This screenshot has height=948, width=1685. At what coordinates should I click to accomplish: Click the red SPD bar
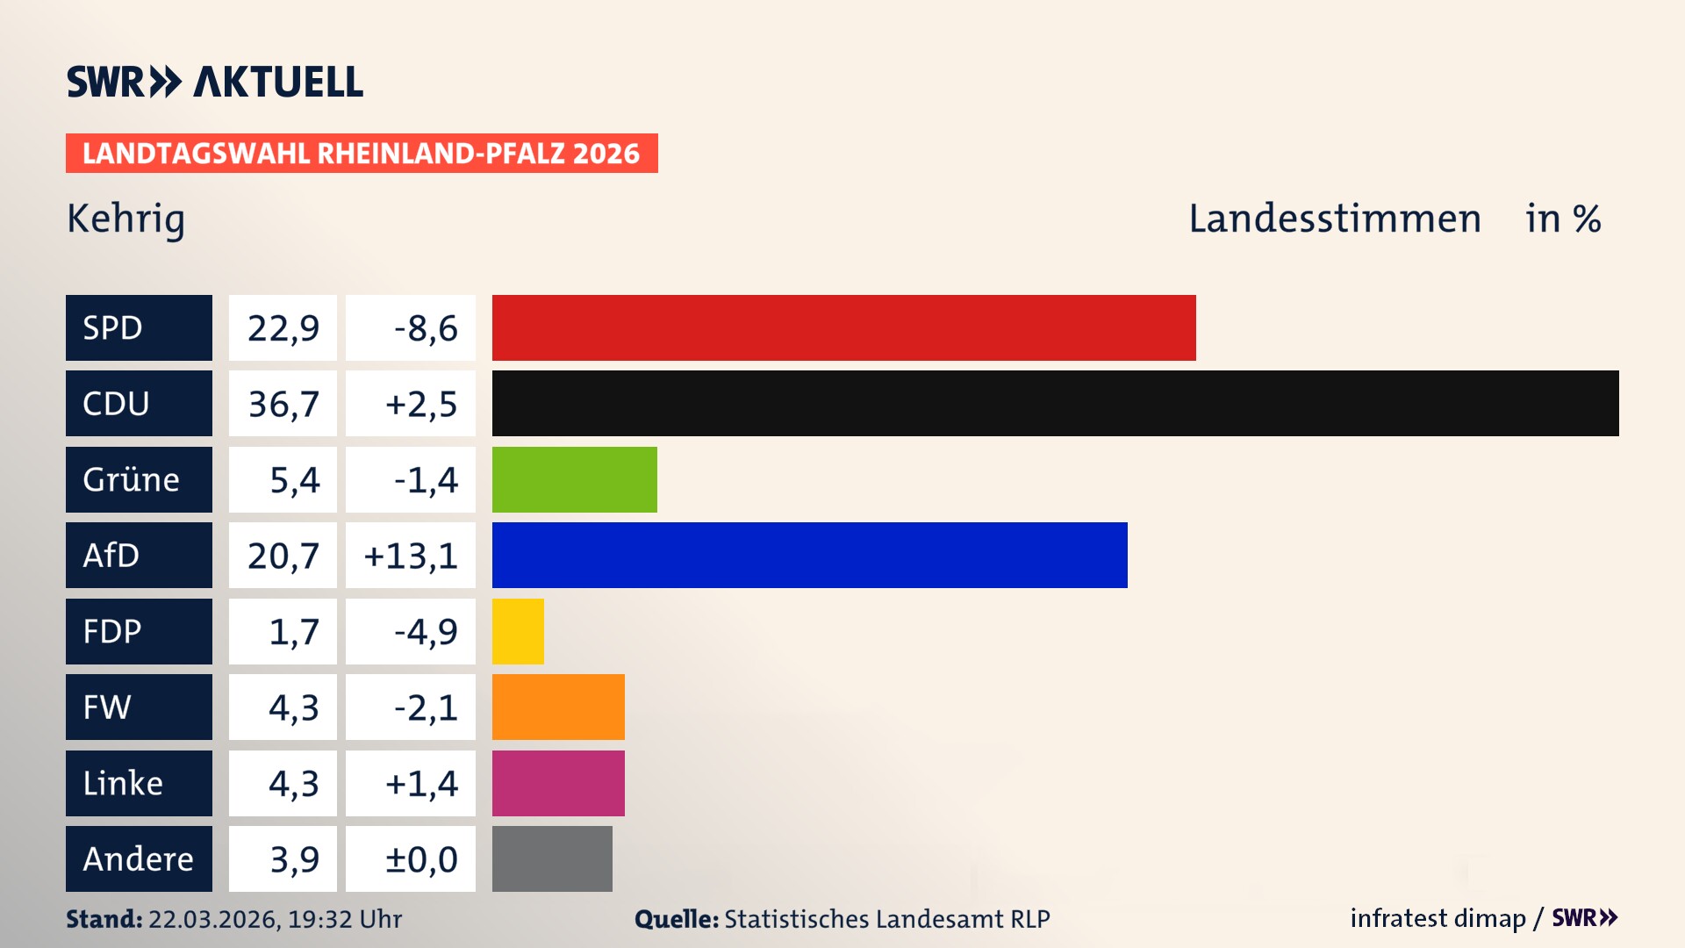pos(843,327)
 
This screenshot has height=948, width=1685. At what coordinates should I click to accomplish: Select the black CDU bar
pos(1055,403)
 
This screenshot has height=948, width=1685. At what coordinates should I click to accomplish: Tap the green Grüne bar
pos(574,479)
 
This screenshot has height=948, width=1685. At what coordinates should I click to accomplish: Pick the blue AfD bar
pos(809,555)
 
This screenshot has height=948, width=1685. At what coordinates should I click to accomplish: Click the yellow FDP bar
pos(518,631)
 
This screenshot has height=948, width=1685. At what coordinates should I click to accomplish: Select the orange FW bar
pos(558,707)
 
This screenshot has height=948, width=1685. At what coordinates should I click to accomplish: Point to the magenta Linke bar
pos(558,783)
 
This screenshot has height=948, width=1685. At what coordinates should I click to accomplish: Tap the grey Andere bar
pos(552,858)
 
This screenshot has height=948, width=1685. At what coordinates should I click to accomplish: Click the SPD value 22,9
pos(283,327)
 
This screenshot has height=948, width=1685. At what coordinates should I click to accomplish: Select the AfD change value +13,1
pos(410,555)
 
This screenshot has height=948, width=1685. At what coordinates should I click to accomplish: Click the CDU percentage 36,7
pos(283,403)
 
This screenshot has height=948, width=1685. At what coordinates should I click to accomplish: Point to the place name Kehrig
pos(125,219)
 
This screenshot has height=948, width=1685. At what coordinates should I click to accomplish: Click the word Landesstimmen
pos(1334,219)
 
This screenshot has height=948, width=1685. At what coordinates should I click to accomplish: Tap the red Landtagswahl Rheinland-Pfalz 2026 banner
pos(362,153)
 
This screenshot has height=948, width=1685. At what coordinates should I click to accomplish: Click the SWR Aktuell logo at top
pos(214,82)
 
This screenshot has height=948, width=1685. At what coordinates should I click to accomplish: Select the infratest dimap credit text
pos(1437,918)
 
